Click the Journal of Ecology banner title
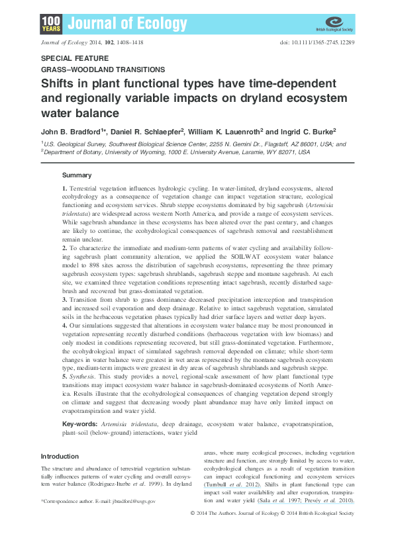tap(126, 24)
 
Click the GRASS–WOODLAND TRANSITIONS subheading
tap(103, 69)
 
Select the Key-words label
tap(80, 422)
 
